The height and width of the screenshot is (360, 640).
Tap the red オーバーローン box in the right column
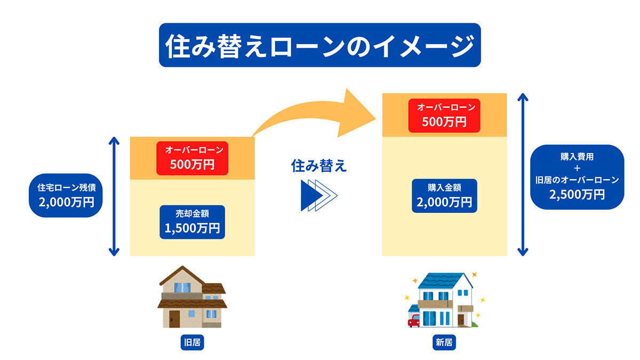[444, 114]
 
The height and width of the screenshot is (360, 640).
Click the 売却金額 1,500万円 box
[193, 221]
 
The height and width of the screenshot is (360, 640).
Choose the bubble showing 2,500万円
[577, 177]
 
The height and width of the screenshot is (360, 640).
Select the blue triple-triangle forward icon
[318, 195]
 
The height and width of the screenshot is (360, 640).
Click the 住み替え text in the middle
[319, 166]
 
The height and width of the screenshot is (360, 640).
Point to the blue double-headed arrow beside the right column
[523, 174]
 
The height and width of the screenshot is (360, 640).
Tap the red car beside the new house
[414, 321]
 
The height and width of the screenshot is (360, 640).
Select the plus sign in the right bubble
[577, 169]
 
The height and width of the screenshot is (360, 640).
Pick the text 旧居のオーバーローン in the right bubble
[577, 180]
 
